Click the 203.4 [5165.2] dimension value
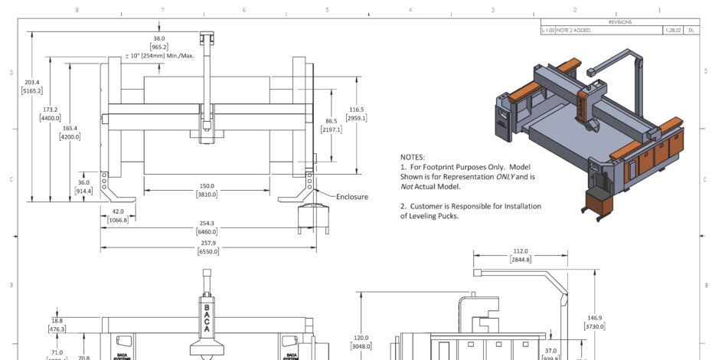coord(32,87)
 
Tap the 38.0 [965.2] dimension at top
coord(159,43)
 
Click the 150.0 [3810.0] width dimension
coord(207,190)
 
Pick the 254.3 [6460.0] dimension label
coord(207,227)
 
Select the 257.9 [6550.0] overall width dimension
coord(207,247)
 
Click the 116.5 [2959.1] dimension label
coord(356,113)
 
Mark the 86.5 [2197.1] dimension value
coord(331,126)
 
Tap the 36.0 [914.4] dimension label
coord(83,186)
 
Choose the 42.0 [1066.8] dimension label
coord(117,215)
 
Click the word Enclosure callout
coord(352,197)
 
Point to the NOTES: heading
coord(413,156)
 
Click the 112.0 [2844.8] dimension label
coord(521,255)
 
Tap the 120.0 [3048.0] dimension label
coord(361,342)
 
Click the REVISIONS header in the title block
coord(620,22)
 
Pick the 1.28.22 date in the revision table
coord(672,31)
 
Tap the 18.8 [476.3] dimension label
coord(57,325)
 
